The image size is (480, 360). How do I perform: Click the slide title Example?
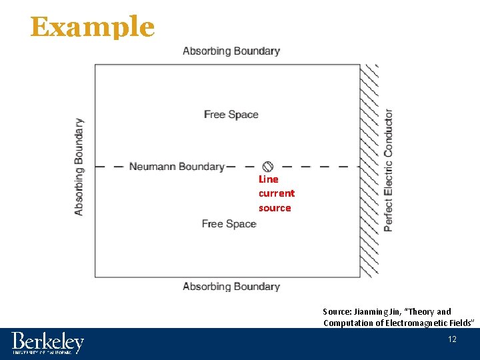pos(92,27)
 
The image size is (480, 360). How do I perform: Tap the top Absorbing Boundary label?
pos(231,51)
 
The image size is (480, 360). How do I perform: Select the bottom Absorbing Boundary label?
pos(231,287)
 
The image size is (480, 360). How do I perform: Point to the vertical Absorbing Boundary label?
pos(79,167)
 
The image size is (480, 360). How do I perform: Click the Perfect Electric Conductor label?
pos(388,170)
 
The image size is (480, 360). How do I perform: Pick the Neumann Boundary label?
pos(176,167)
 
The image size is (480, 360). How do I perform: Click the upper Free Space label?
pos(231,115)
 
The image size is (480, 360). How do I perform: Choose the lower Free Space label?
pos(229,224)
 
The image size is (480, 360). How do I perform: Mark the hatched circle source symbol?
pos(267,166)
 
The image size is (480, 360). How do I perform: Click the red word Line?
pos(269,179)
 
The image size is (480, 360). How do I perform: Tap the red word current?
pos(277,193)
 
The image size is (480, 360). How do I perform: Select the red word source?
pos(275,208)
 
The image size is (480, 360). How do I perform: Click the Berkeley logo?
pos(47,343)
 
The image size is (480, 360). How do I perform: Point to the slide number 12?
pos(452,340)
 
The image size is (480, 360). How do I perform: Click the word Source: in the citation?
pos(336,311)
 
